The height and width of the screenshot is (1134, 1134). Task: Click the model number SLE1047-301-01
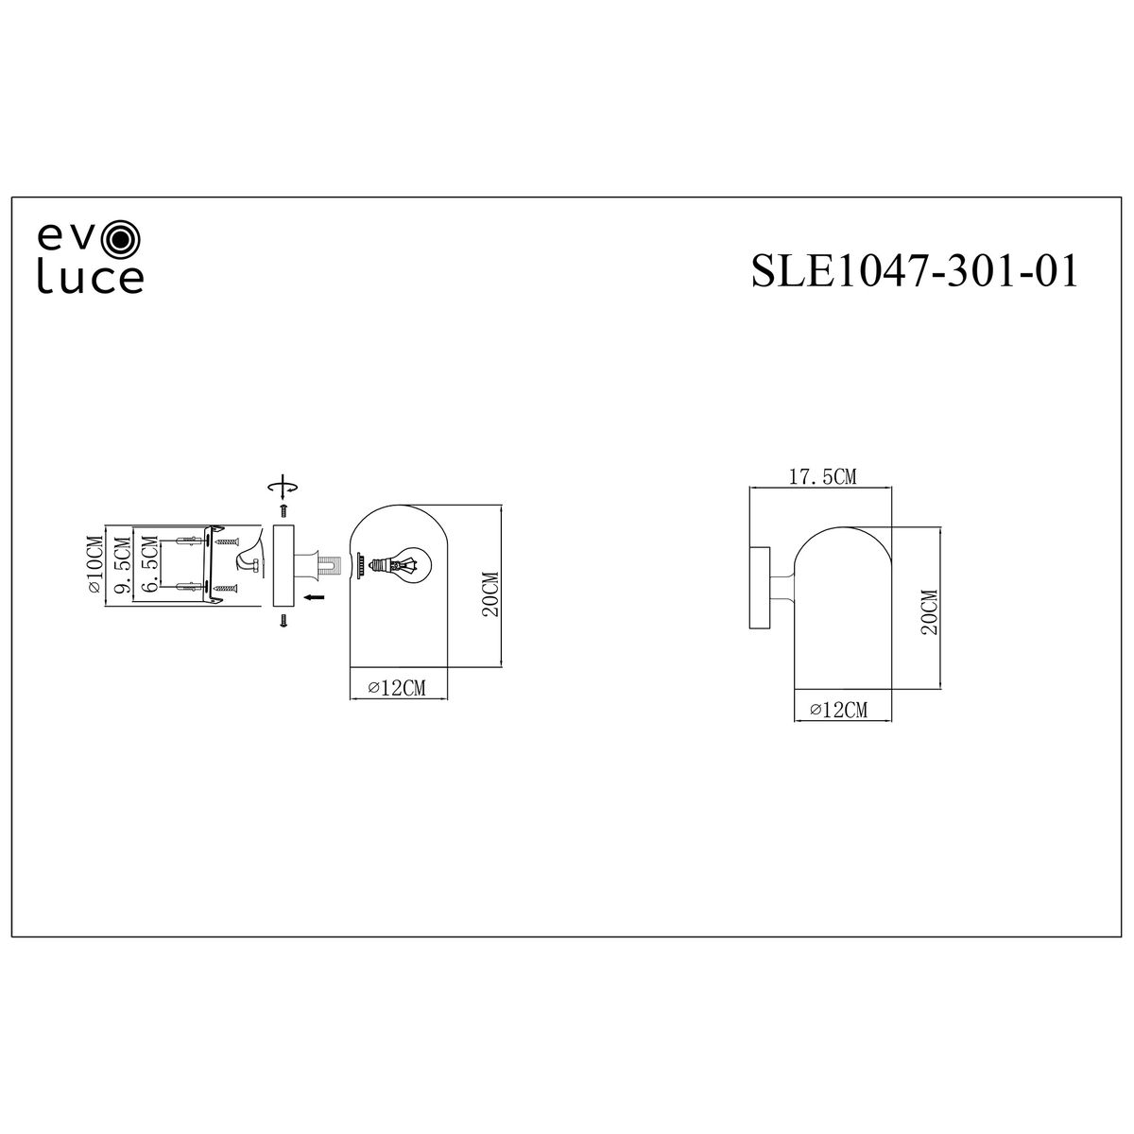(x=915, y=270)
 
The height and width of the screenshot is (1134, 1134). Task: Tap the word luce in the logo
(x=91, y=279)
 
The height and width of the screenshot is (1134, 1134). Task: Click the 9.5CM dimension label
(x=124, y=565)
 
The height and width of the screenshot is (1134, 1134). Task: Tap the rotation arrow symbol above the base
(x=283, y=486)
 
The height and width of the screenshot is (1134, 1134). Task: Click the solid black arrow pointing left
(x=315, y=597)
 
